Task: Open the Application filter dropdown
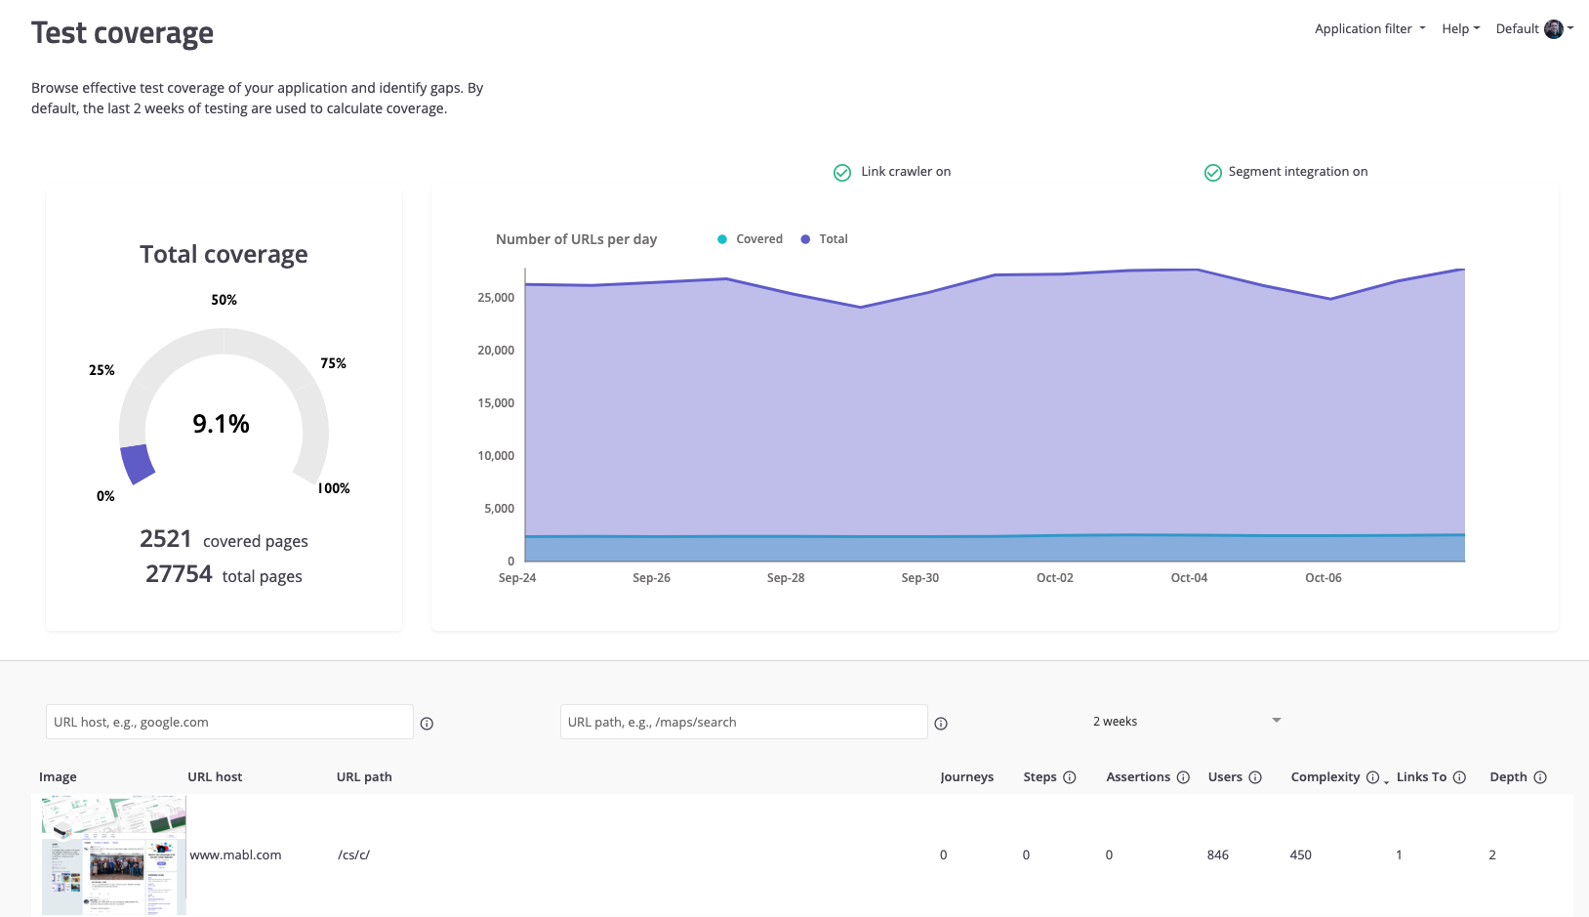pos(1369,29)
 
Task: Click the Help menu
pos(1459,29)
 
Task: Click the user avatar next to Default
pos(1554,29)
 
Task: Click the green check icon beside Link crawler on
pos(842,173)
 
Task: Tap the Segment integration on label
pos(1297,172)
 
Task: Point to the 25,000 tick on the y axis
pos(496,298)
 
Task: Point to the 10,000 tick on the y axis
pos(496,456)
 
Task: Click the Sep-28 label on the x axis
pos(786,578)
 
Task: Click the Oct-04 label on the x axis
pos(1189,578)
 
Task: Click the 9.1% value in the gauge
pos(222,424)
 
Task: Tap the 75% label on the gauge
pos(333,363)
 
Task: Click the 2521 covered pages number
pos(166,539)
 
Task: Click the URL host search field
pos(229,722)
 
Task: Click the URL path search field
pos(744,722)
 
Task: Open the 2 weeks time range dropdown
pos(1186,722)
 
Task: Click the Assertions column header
pos(1138,777)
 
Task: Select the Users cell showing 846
pos(1218,855)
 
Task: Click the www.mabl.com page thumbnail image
pos(113,855)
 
